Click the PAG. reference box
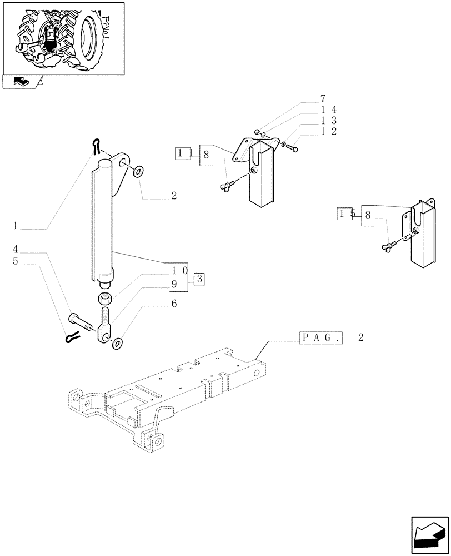(x=321, y=337)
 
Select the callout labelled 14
(x=328, y=110)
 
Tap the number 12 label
(x=328, y=131)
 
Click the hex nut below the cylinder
(x=105, y=299)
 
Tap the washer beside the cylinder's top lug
(x=138, y=170)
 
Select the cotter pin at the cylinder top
(x=98, y=145)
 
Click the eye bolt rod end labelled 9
(x=105, y=328)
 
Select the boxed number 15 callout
(x=345, y=214)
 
